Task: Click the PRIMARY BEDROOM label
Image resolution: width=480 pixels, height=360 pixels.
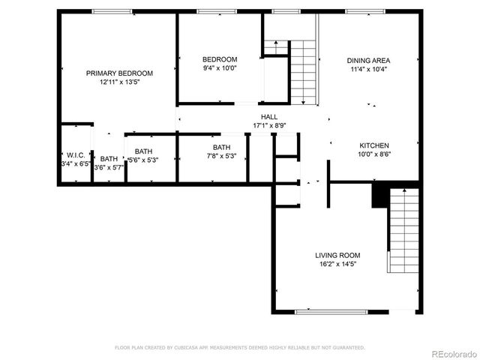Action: coord(119,73)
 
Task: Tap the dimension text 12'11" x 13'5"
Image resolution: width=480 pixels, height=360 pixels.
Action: coord(119,82)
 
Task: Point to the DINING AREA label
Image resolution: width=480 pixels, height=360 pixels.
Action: coord(368,61)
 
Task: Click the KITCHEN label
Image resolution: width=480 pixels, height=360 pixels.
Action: coord(373,145)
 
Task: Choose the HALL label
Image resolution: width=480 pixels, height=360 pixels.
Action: coord(268,117)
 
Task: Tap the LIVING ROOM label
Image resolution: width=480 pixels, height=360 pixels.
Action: coord(337,255)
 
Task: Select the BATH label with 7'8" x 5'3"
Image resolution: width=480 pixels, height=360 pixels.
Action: coord(221,148)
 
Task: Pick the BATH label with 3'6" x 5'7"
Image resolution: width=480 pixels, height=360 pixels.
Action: coord(109,159)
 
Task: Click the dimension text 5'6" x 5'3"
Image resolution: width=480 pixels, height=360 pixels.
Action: coord(142,160)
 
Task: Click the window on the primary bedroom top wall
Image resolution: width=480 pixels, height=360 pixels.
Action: coord(112,11)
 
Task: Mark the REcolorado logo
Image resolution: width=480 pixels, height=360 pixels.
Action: coord(448,353)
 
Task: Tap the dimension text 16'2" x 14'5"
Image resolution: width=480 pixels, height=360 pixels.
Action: coord(337,264)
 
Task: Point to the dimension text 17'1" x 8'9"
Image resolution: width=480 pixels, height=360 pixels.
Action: coord(268,126)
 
